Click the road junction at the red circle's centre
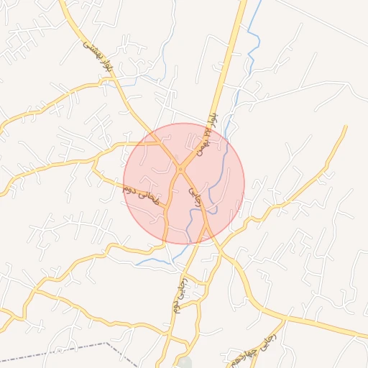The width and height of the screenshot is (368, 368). point(180,170)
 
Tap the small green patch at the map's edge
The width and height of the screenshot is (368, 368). point(185,362)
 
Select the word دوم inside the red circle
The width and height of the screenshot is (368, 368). point(130,189)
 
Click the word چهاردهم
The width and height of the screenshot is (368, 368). point(239,357)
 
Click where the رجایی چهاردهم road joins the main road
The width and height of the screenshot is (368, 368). point(286,317)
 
